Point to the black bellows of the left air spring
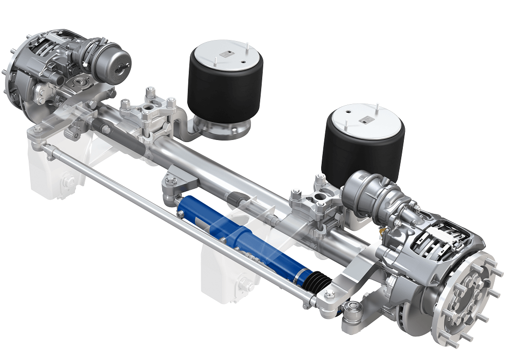[x=226, y=90]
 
